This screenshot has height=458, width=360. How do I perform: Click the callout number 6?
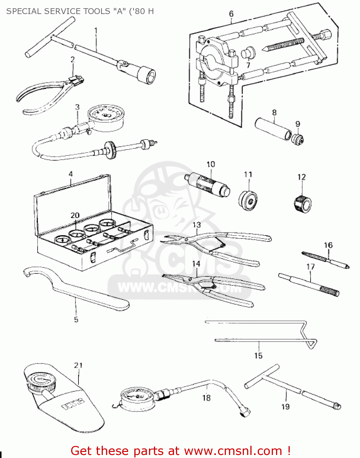[x=231, y=14]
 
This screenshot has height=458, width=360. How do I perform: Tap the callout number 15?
[x=258, y=356]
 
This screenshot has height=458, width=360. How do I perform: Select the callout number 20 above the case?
[x=75, y=216]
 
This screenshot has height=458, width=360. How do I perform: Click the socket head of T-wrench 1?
[x=146, y=74]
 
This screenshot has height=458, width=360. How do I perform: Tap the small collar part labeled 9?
[x=297, y=139]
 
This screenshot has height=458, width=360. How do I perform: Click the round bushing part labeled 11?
[x=248, y=201]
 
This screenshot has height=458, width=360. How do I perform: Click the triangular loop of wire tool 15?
[x=311, y=344]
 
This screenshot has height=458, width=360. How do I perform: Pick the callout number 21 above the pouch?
[x=78, y=365]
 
